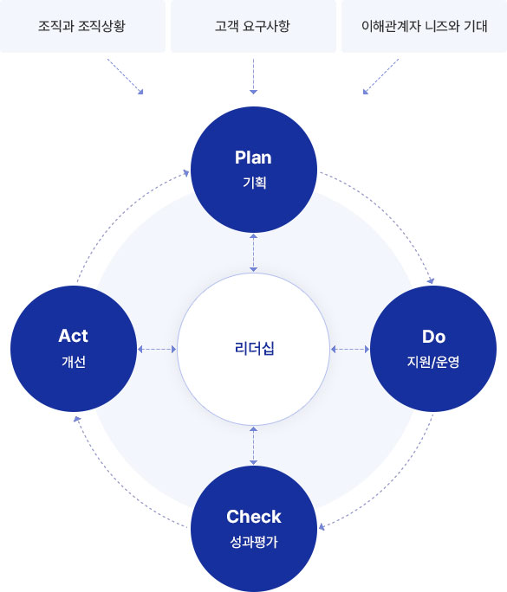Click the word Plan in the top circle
253,158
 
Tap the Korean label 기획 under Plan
255,183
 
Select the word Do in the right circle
433,337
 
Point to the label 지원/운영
433,362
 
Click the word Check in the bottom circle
254,517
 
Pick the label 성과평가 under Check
254,542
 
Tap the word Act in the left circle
74,336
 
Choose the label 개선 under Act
74,362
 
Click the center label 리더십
254,348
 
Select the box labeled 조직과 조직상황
82,26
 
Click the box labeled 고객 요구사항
253,26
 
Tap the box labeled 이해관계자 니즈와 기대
424,26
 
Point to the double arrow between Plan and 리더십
254,253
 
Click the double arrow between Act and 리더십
157,350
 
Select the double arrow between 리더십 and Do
350,350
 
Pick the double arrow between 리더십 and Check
254,446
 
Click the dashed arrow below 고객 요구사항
254,77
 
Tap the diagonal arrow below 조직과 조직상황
126,77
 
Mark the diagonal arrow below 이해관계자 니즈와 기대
380,77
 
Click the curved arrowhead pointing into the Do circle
431,280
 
